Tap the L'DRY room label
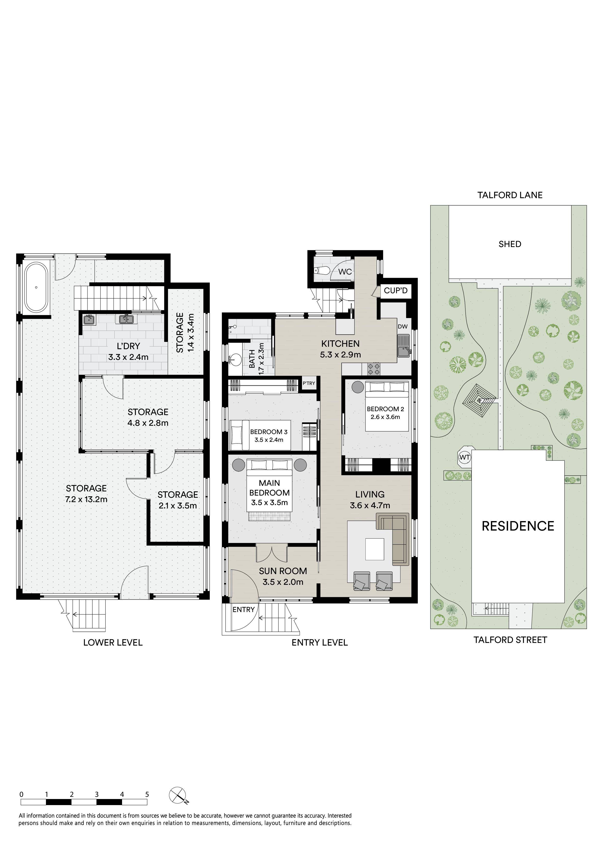pos(128,346)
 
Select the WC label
pos(345,272)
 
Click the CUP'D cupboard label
pos(396,291)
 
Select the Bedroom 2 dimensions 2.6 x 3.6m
pos(385,417)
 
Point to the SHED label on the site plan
pos(510,244)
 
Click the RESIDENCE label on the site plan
pos(518,526)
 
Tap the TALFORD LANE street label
pos(510,195)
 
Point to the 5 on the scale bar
pos(147,794)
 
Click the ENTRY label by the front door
pos(244,610)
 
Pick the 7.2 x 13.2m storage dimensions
pos(86,499)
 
